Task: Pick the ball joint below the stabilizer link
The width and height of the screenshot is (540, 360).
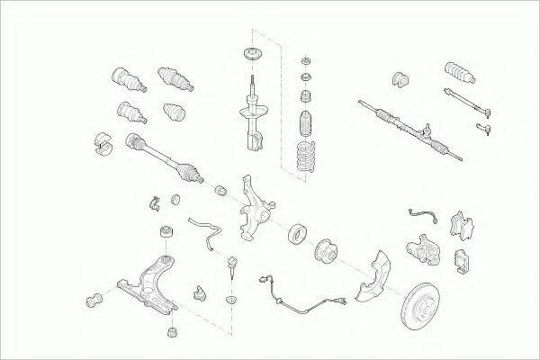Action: [231, 265]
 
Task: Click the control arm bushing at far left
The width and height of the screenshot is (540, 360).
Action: [93, 300]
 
